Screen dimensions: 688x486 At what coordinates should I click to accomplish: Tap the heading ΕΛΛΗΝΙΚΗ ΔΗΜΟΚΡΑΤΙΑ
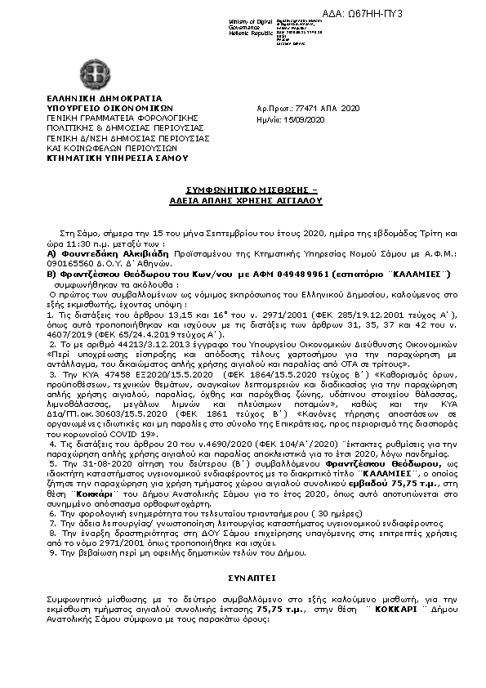(92, 98)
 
